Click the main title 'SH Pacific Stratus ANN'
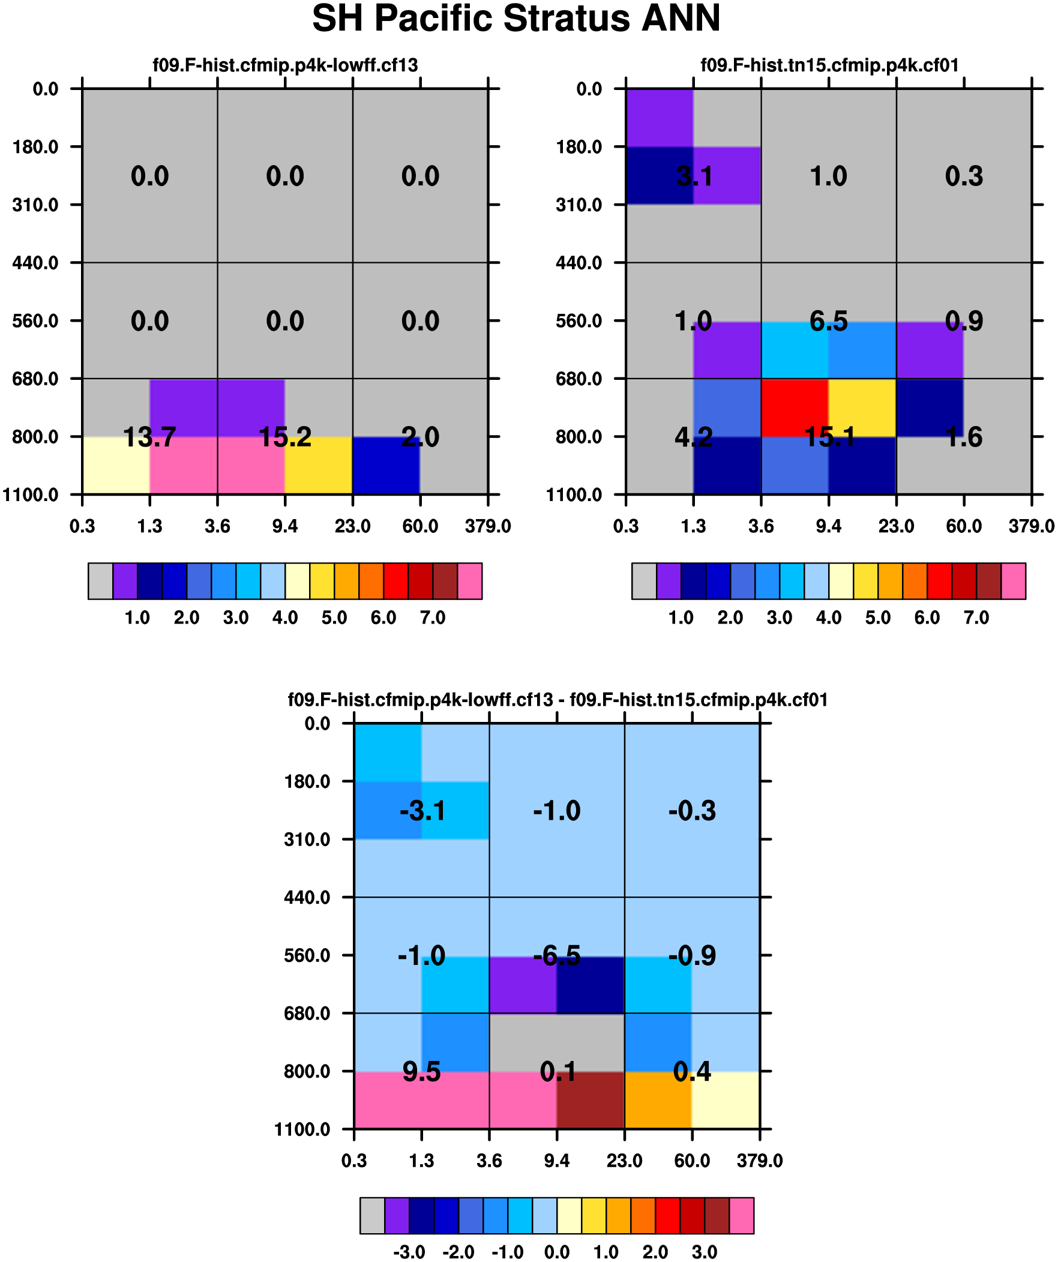(515, 18)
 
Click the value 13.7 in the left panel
(149, 437)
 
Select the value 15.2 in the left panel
(285, 437)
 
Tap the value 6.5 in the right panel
(828, 321)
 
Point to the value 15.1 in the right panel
(829, 437)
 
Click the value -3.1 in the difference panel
(422, 811)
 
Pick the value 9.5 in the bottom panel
(421, 1072)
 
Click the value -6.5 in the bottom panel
(558, 955)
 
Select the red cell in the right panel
(795, 407)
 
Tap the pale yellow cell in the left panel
(115, 465)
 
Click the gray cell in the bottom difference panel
(557, 1041)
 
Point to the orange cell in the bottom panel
(658, 1101)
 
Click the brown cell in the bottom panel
(591, 1101)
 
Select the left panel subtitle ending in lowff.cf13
(285, 65)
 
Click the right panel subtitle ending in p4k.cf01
(829, 65)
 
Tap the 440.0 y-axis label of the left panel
(35, 263)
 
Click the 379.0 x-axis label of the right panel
(1031, 526)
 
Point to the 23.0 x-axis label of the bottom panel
(624, 1161)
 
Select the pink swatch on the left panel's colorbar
(469, 580)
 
